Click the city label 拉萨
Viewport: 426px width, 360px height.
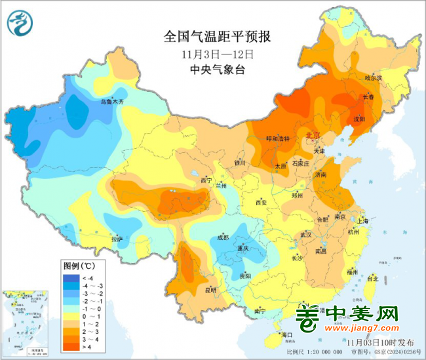pos(117,239)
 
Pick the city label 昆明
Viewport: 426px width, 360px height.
pos(210,289)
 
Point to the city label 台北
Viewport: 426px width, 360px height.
pos(372,279)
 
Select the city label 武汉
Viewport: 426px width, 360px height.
pos(305,234)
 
